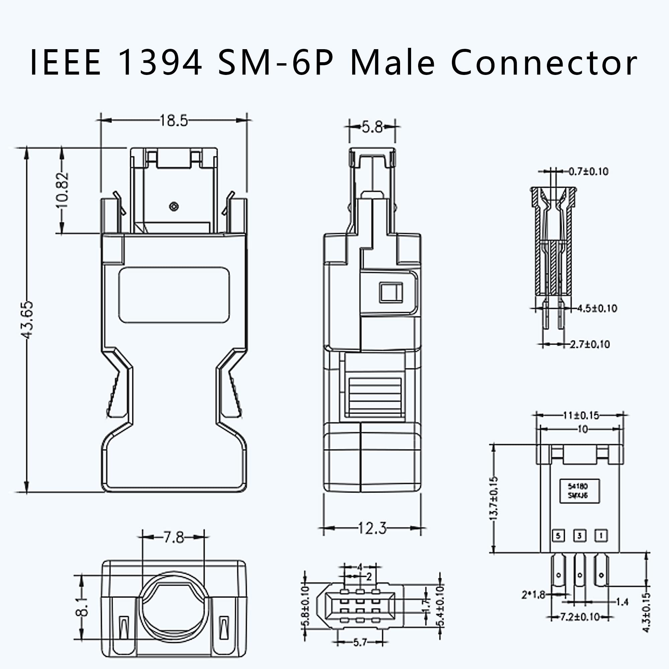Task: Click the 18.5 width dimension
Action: pos(174,121)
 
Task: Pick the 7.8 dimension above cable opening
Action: pos(174,538)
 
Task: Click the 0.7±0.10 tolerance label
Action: pos(589,171)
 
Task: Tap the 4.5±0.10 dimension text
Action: pos(597,308)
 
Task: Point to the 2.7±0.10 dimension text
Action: pos(590,345)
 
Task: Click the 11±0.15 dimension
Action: pos(581,415)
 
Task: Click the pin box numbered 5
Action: pos(558,536)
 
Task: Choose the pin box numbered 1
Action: pos(601,536)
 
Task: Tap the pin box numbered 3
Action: pos(580,536)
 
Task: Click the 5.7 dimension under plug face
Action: pos(360,643)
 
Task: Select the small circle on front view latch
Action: pos(174,207)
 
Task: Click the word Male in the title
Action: pos(392,63)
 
